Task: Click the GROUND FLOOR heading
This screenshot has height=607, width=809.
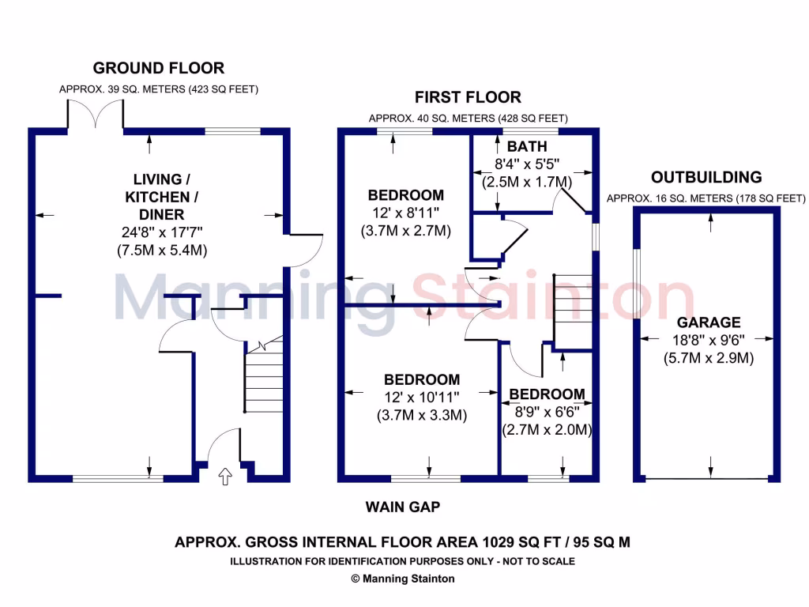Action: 158,68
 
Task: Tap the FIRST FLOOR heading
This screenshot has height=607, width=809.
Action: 468,97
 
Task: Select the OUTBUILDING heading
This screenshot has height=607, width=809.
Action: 706,177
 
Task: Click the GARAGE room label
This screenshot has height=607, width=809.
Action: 709,322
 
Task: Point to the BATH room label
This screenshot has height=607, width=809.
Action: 527,147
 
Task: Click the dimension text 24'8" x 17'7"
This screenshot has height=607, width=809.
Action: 156,233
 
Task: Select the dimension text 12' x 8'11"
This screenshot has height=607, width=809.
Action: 406,213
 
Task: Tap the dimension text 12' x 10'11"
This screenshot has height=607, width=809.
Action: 422,398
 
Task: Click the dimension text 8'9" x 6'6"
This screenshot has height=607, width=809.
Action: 547,413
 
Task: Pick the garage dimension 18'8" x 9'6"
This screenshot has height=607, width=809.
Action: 709,340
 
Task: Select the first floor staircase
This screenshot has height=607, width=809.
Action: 573,311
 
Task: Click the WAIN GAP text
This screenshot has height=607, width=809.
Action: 402,507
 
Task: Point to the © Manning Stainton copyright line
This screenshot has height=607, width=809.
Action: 402,579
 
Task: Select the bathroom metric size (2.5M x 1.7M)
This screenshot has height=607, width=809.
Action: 526,183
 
